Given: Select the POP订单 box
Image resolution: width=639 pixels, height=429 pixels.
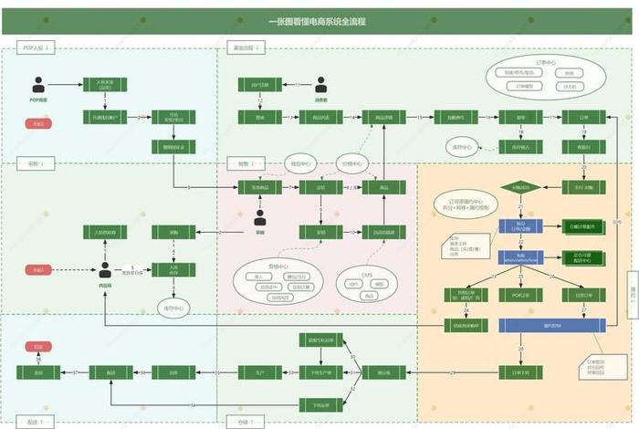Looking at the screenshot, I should click(x=520, y=295).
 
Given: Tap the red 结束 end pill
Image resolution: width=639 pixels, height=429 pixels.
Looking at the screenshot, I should click(x=39, y=348).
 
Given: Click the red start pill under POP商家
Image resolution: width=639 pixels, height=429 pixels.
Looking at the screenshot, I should click(x=38, y=121).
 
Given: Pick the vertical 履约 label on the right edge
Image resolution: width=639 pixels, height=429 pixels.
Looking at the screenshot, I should click(x=631, y=296).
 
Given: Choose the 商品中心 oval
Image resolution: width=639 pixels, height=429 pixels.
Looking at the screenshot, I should click(x=301, y=165).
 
